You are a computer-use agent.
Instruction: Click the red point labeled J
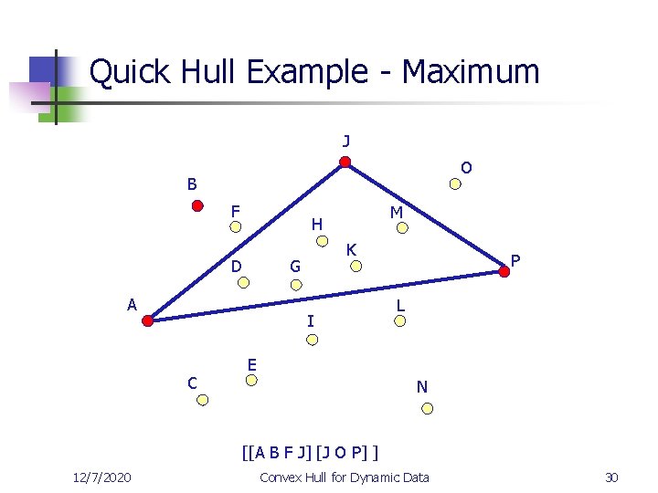click(345, 163)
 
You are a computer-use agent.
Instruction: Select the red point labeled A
click(148, 320)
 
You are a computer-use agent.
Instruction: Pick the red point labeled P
click(505, 270)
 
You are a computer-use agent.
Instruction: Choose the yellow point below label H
click(322, 241)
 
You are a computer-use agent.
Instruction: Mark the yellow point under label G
click(296, 284)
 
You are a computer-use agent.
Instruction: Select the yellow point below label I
click(312, 340)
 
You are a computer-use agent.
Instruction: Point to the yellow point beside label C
click(204, 400)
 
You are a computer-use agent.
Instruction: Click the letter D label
click(236, 267)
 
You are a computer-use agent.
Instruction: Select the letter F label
click(235, 212)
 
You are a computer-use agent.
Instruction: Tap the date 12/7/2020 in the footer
click(101, 477)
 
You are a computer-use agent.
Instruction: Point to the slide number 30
click(611, 477)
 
